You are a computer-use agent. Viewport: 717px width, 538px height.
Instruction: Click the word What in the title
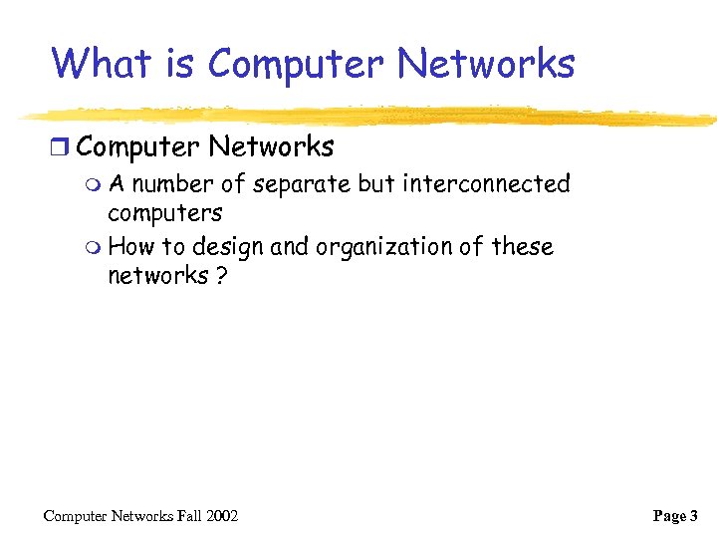click(101, 64)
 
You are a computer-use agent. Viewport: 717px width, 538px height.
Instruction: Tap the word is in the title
click(178, 64)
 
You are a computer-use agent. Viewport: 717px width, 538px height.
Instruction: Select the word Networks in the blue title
click(486, 64)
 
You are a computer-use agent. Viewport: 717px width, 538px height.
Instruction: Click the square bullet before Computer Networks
click(63, 148)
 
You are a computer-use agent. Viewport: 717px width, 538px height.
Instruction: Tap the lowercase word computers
click(164, 213)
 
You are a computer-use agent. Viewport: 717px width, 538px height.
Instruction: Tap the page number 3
click(693, 516)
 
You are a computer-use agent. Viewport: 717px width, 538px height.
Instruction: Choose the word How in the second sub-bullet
click(129, 246)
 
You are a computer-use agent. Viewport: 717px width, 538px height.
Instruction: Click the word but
click(373, 184)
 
